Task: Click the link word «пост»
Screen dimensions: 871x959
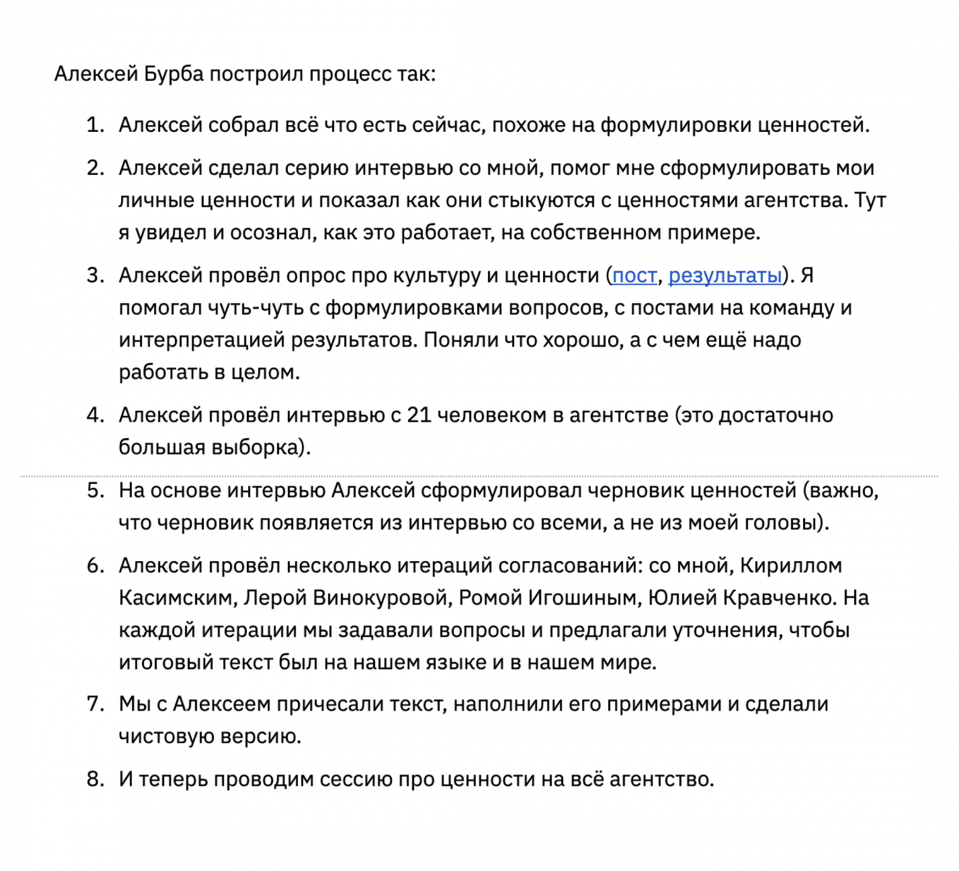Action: coord(634,276)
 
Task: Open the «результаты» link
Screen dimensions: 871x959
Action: coord(725,276)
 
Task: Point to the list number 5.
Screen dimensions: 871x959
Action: coord(95,490)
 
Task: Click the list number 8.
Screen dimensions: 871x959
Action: coord(95,779)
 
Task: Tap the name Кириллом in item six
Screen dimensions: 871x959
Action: coord(791,565)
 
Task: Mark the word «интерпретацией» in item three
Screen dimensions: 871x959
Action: coord(201,340)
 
